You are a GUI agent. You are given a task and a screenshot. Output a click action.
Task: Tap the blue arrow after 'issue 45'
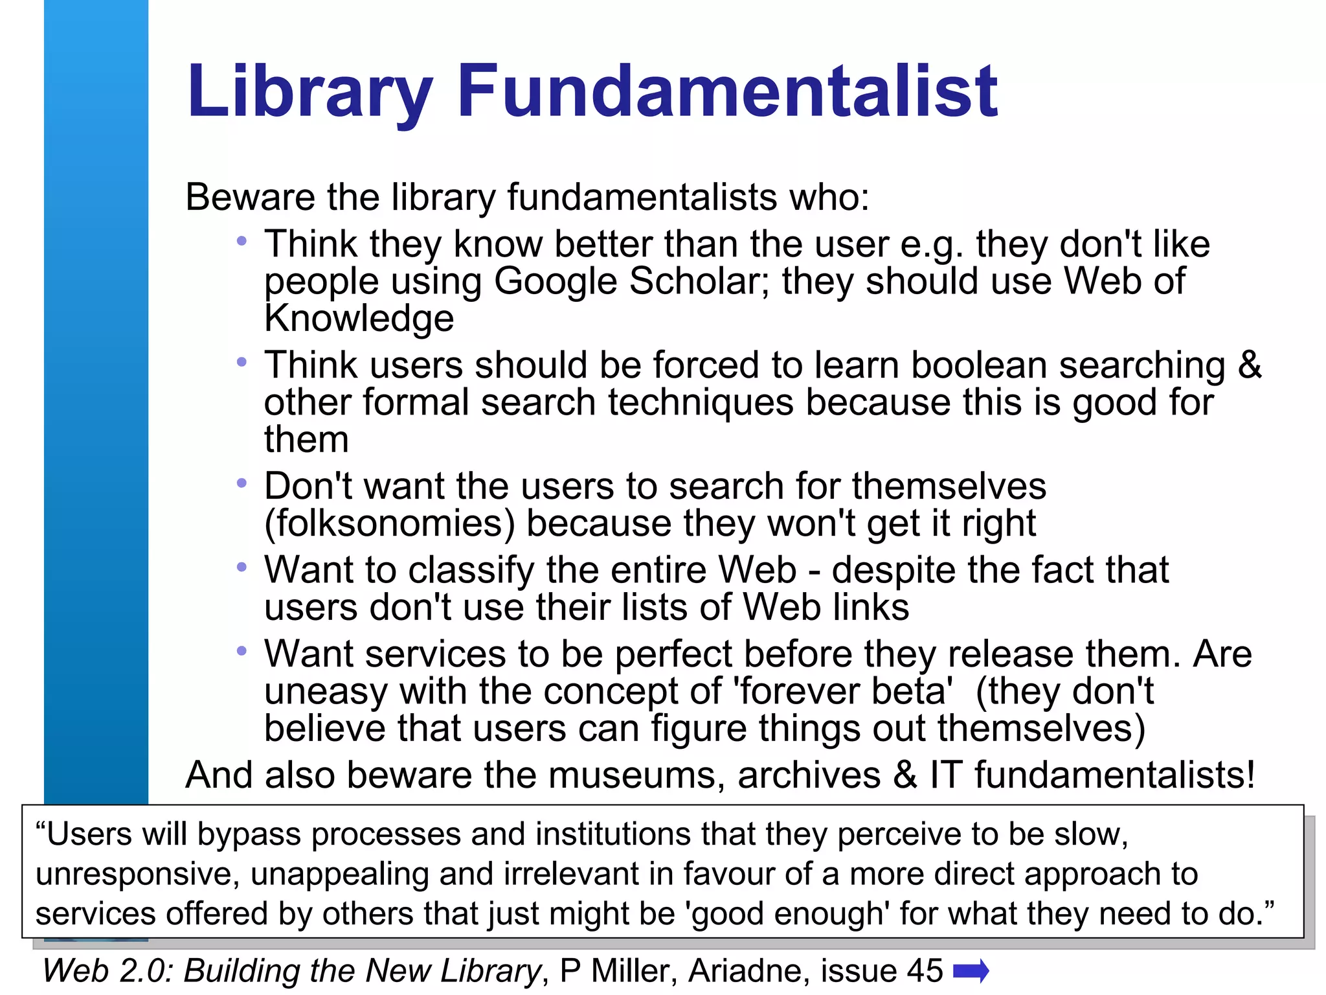click(971, 970)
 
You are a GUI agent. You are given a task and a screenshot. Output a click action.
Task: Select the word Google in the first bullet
click(556, 281)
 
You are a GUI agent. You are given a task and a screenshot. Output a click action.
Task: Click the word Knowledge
click(359, 318)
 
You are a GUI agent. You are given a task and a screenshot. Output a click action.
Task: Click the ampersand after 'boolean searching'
click(1250, 365)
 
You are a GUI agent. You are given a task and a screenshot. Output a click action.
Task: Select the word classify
click(471, 570)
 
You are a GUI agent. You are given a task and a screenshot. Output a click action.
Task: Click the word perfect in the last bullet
click(673, 654)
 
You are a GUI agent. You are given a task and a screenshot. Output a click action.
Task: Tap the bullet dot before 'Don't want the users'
click(242, 483)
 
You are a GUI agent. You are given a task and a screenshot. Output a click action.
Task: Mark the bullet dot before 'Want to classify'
click(242, 567)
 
